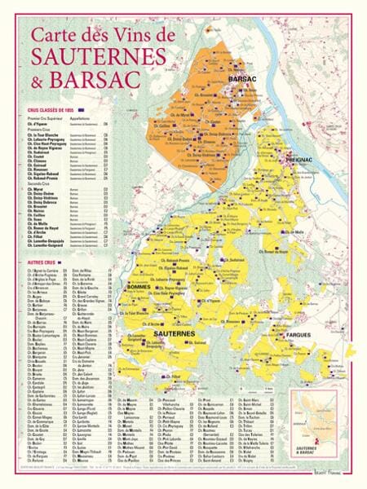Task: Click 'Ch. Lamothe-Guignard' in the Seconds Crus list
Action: click(45, 246)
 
